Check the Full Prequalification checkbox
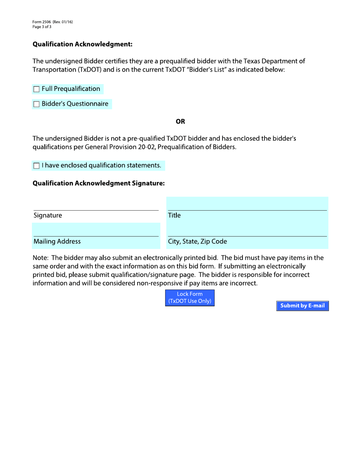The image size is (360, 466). point(36,89)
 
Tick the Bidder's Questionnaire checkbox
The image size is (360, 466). point(36,104)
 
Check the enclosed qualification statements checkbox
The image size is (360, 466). point(36,166)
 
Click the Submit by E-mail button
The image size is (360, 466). point(302,306)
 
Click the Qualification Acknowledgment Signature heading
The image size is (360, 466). point(99,183)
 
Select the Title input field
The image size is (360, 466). point(247,204)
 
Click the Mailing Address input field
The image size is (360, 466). point(95,230)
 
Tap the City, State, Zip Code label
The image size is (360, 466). point(197,241)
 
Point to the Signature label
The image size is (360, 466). point(47,216)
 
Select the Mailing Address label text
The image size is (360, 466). point(57,241)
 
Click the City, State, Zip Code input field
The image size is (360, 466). point(247,229)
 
